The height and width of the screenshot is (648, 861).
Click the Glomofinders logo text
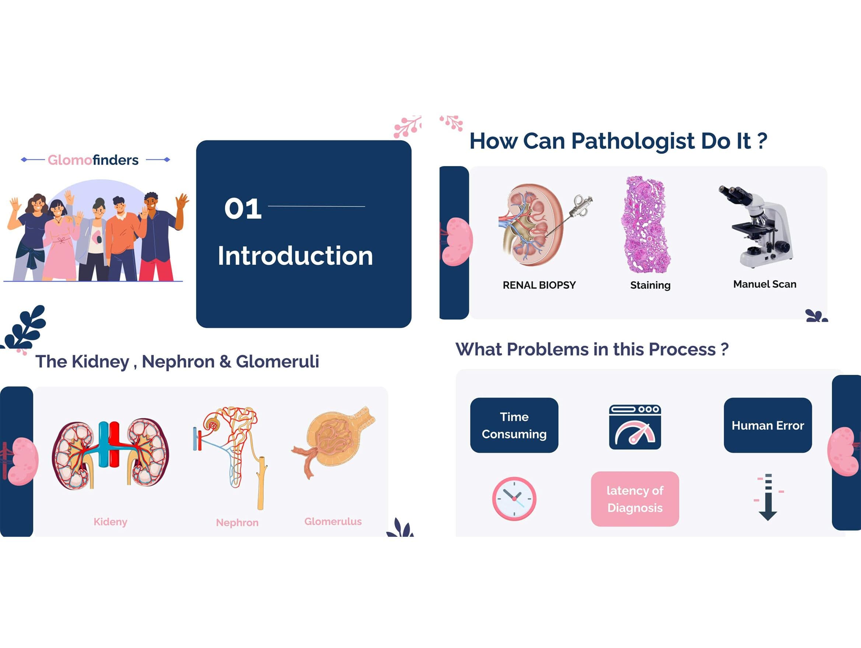pos(93,160)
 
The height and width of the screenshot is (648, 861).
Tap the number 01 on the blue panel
pos(243,208)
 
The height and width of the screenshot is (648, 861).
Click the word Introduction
pos(295,256)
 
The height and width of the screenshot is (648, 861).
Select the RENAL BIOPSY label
pos(539,285)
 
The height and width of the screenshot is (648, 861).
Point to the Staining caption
pos(650,285)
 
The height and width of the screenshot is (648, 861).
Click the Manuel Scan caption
pos(764,284)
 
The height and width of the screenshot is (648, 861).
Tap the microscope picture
pos(756,226)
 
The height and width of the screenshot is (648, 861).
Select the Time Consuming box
pos(514,425)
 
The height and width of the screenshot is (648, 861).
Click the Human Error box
pos(767,425)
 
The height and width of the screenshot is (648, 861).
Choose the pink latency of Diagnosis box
pos(635,499)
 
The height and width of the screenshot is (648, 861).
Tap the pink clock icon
pos(514,499)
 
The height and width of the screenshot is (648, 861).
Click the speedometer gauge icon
pos(635,427)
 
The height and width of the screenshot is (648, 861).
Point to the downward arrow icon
pos(768,497)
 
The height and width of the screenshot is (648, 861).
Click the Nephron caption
pos(237,522)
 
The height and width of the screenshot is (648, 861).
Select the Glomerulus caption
pos(333,521)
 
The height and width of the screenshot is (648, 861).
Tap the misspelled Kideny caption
pos(110,522)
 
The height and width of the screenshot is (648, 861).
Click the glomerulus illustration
pos(333,441)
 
